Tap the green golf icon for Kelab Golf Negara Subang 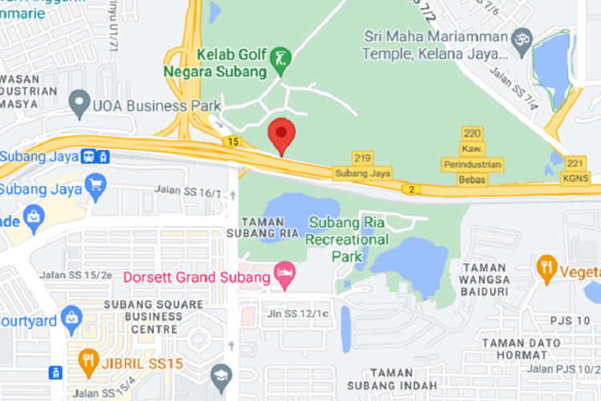280,59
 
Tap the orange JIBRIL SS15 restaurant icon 88,363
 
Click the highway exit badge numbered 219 363,158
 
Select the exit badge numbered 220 472,133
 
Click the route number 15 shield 232,142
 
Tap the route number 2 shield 411,189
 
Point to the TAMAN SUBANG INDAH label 397,380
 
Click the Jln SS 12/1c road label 299,313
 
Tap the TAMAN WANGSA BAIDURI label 484,280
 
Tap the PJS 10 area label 570,320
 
